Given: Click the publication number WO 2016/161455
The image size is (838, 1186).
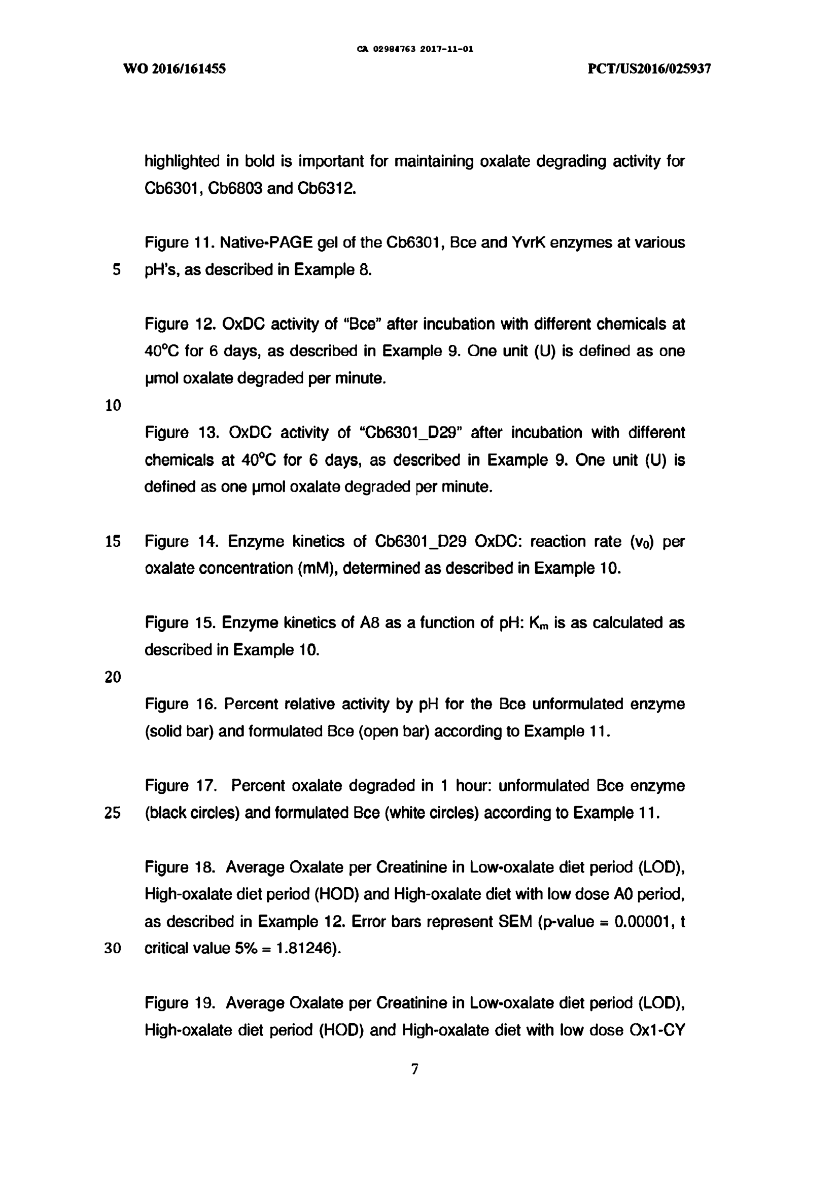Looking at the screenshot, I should [x=174, y=69].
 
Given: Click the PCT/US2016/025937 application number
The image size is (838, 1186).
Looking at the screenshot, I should [x=649, y=69].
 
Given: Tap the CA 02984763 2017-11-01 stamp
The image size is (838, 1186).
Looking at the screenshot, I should [x=415, y=50].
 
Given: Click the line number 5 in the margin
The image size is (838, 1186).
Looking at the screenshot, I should [x=116, y=270].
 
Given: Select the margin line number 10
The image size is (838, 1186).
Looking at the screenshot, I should [x=113, y=405].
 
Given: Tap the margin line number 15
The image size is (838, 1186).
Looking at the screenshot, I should [x=113, y=541].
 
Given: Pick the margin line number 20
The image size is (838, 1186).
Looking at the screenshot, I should [x=113, y=677].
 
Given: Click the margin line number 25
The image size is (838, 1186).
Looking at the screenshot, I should [x=113, y=813].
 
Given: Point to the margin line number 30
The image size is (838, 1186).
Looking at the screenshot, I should [x=113, y=949].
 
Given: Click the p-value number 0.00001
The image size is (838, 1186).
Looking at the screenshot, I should [x=643, y=922].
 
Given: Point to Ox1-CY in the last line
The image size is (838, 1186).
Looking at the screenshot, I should [x=657, y=1030].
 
